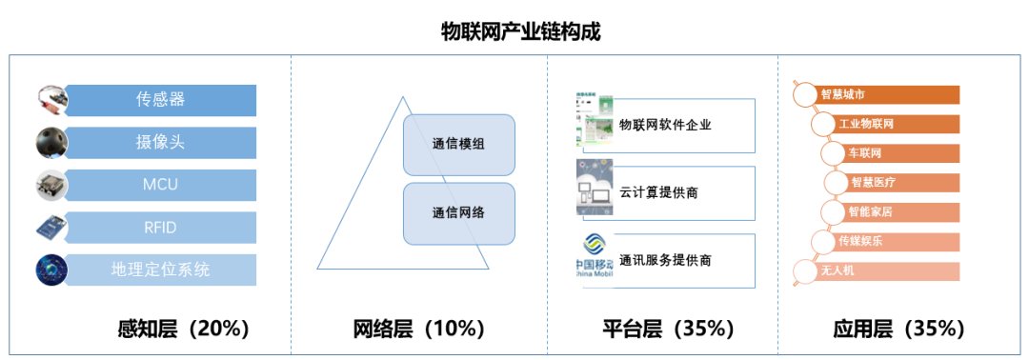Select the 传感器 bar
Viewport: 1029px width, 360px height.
(x=159, y=100)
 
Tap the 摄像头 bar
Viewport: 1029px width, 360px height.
(x=159, y=142)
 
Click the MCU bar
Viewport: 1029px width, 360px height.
(x=159, y=185)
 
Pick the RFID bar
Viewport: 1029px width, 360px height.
(x=159, y=227)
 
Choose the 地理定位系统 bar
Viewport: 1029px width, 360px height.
(x=159, y=270)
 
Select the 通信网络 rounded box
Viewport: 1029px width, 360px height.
(x=458, y=212)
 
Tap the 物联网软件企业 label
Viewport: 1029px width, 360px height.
(x=665, y=125)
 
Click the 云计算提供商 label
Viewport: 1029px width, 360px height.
(x=658, y=192)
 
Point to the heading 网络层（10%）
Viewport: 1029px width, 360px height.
(x=419, y=330)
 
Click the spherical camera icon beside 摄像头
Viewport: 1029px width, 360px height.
(x=50, y=142)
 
